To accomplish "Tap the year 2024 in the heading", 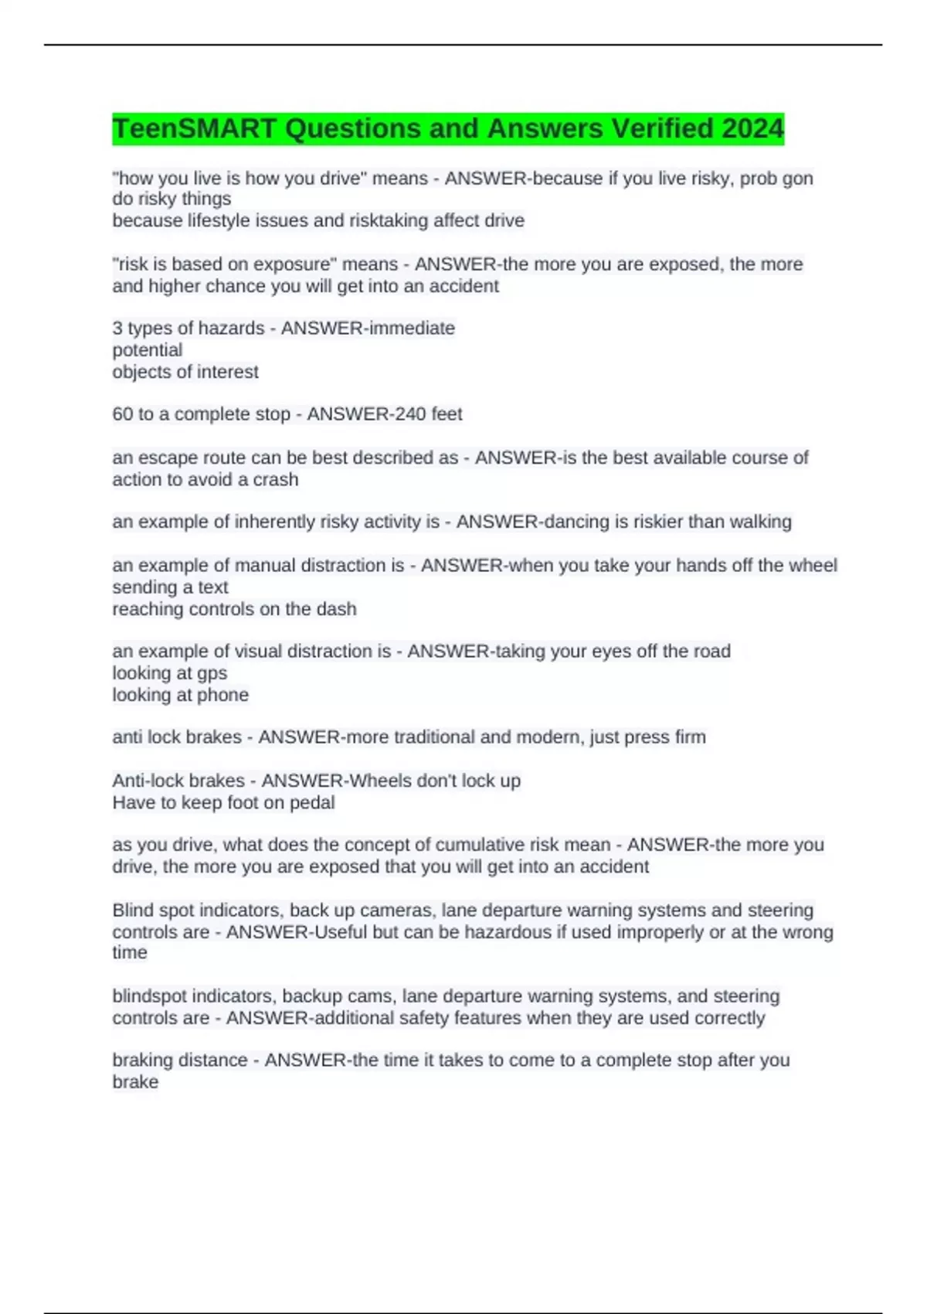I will [752, 128].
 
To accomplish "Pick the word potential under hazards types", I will [148, 350].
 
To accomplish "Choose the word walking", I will [759, 522].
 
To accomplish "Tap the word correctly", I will [729, 1018].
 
